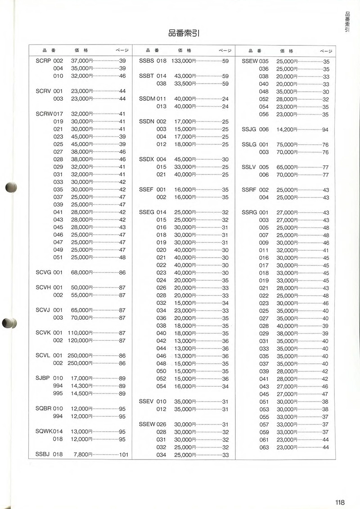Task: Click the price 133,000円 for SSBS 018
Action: click(184, 61)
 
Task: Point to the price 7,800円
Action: click(83, 455)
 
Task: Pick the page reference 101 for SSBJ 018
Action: click(124, 455)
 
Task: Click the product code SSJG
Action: click(249, 129)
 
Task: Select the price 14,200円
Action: click(287, 129)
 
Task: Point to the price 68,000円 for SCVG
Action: click(81, 272)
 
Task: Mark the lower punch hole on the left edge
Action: click(9, 323)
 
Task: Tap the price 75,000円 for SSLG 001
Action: click(287, 145)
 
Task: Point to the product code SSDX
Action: click(147, 159)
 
